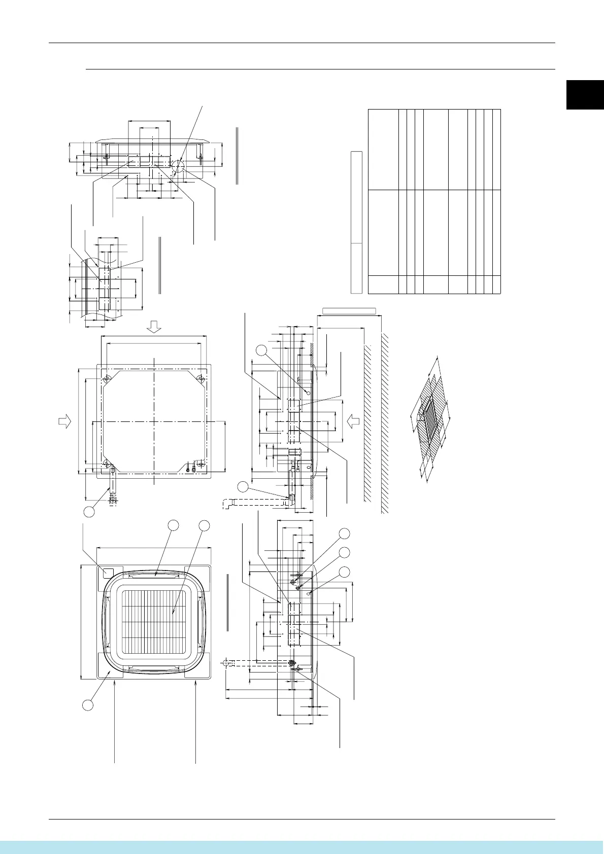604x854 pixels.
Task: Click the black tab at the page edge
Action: click(x=585, y=94)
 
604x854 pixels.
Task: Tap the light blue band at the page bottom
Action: click(x=302, y=846)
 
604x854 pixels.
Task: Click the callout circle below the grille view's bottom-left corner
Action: click(x=88, y=704)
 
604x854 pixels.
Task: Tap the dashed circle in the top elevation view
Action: click(x=177, y=166)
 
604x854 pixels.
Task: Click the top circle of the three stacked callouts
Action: click(x=345, y=533)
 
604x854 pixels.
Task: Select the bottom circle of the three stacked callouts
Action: click(x=345, y=572)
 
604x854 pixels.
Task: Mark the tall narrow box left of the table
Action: click(x=356, y=222)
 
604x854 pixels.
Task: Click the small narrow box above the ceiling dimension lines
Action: click(x=349, y=310)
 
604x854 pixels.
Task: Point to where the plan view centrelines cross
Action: click(x=154, y=421)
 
